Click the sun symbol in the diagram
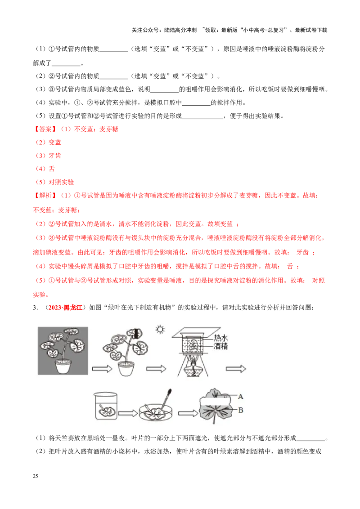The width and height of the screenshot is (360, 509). tap(160, 330)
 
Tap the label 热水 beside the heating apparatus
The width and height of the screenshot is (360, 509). tap(221, 338)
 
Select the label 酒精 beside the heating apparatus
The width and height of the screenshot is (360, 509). tap(221, 346)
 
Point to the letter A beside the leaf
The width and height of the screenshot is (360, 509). tap(240, 396)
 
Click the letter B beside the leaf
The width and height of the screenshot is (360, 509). tap(241, 410)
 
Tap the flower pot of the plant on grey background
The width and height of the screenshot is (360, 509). tap(63, 366)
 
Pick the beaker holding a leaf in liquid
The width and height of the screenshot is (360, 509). tap(106, 406)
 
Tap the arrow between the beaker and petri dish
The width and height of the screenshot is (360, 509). tap(128, 413)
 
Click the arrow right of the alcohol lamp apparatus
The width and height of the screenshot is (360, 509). tap(236, 369)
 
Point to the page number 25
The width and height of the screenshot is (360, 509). tap(36, 476)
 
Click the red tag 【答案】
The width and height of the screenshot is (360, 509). tap(45, 129)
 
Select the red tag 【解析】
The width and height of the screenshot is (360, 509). tap(45, 196)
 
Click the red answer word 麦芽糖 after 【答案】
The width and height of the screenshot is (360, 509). tap(109, 129)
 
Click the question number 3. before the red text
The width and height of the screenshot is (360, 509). tap(36, 308)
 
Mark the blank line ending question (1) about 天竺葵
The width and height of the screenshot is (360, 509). tap(311, 441)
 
